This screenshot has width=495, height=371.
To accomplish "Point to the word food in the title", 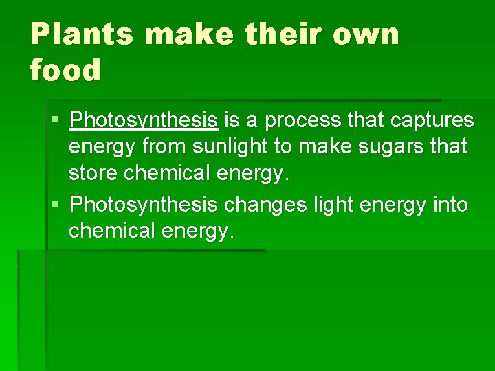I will click(65, 69).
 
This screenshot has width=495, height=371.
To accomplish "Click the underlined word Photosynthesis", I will click(144, 120).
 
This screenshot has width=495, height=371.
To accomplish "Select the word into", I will click(451, 204).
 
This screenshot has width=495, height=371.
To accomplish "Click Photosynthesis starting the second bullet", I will click(144, 204).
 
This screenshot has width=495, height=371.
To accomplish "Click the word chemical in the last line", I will click(112, 230).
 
